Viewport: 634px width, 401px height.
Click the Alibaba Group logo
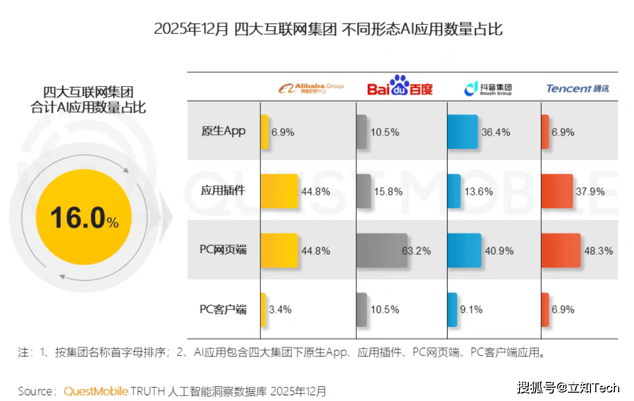311,88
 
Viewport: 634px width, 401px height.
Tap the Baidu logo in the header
400,87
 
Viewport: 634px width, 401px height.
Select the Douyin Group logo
488,88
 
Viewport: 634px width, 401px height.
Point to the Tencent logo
577,89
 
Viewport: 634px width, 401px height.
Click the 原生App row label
223,131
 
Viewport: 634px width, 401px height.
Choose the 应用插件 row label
223,191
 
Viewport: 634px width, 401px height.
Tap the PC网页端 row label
223,250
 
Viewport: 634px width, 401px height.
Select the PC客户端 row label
223,309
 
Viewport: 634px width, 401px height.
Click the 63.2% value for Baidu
416,251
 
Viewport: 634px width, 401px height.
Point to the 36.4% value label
496,132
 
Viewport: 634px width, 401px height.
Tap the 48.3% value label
598,251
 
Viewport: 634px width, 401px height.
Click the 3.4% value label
280,310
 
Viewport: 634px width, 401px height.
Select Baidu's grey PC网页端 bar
382,250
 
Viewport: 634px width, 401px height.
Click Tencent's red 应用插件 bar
557,191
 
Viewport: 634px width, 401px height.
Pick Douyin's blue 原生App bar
462,132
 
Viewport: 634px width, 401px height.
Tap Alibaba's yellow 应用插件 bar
279,191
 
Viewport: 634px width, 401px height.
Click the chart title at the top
328,29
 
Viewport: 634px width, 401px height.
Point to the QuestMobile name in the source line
96,391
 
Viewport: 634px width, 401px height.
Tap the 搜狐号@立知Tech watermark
568,388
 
